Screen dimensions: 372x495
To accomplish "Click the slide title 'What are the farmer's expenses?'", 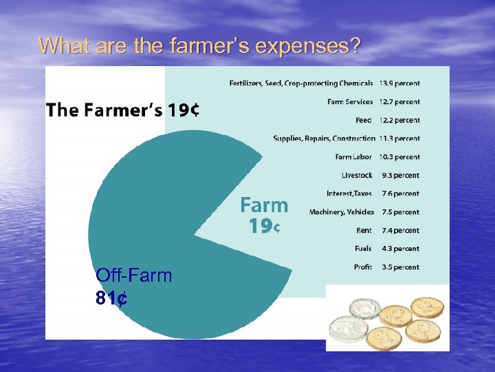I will pyautogui.click(x=199, y=45).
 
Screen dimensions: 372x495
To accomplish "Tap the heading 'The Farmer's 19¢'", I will pyautogui.click(x=123, y=110).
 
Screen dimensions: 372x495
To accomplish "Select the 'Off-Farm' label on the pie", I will pyautogui.click(x=134, y=276).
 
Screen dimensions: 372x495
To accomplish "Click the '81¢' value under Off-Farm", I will pyautogui.click(x=112, y=298).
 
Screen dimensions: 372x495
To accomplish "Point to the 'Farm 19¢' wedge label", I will pyautogui.click(x=263, y=214).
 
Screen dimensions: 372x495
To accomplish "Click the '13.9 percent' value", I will pyautogui.click(x=399, y=83).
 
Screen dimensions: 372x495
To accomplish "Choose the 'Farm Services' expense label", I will pyautogui.click(x=350, y=102).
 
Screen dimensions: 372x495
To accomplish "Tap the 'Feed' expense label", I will pyautogui.click(x=364, y=121).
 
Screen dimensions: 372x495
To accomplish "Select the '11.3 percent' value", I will pyautogui.click(x=399, y=138).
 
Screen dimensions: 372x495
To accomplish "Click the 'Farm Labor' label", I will pyautogui.click(x=354, y=157).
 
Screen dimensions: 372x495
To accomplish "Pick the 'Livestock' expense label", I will pyautogui.click(x=357, y=175).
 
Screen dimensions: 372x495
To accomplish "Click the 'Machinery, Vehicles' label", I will pyautogui.click(x=342, y=212).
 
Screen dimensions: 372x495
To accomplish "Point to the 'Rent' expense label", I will pyautogui.click(x=364, y=230).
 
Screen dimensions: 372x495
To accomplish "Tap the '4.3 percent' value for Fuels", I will pyautogui.click(x=400, y=249).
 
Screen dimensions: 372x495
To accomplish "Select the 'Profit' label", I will pyautogui.click(x=363, y=267).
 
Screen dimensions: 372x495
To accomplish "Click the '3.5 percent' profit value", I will pyautogui.click(x=400, y=267).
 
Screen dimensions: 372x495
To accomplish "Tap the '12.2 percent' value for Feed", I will pyautogui.click(x=399, y=121).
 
